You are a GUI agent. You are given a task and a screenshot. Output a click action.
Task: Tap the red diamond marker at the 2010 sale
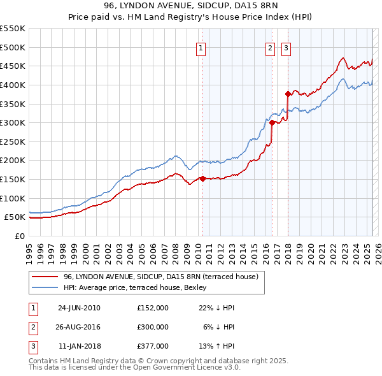(203, 178)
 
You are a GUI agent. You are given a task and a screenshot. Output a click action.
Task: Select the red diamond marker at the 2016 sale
(272, 122)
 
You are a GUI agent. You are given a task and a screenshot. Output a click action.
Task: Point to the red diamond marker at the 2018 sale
(288, 94)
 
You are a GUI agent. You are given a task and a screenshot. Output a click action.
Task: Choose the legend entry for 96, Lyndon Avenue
(160, 277)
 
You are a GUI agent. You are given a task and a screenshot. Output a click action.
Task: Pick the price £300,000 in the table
(153, 327)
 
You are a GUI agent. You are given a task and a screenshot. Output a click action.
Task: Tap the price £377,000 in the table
(153, 346)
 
